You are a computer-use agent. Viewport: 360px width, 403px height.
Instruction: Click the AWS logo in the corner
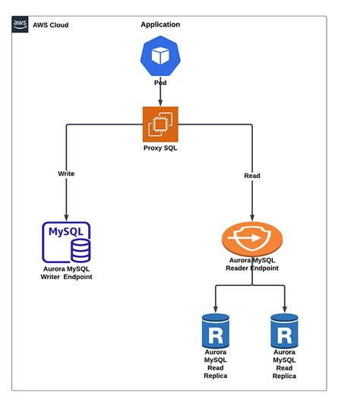point(21,24)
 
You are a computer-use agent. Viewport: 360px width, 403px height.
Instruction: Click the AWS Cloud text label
point(50,25)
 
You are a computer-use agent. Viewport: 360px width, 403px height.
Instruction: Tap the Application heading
point(160,24)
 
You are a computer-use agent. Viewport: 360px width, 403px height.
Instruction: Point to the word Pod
point(159,81)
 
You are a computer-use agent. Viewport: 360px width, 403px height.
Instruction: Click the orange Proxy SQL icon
point(159,123)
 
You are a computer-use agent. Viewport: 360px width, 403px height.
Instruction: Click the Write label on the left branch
point(66,173)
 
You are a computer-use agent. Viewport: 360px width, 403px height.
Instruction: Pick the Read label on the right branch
point(251,176)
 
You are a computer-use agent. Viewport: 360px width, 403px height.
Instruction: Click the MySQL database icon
point(67,242)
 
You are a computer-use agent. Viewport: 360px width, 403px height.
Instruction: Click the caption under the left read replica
point(215,364)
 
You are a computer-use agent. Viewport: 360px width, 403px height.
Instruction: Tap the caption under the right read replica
point(285,364)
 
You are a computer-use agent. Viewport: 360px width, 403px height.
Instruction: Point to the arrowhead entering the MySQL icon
point(66,217)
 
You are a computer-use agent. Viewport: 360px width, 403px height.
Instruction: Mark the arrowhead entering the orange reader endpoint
point(251,219)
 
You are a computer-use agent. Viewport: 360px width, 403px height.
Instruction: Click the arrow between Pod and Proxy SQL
point(159,95)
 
